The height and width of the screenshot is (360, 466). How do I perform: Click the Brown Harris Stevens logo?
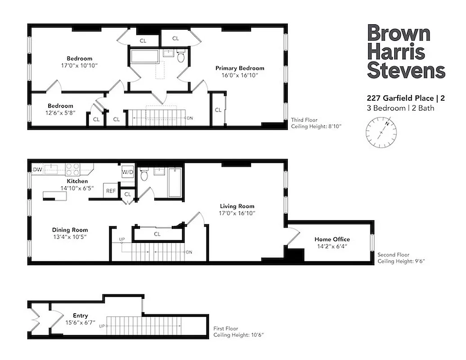406,52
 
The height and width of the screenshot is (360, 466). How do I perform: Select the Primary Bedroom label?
239,68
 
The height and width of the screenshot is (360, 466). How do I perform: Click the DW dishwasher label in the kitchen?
37,170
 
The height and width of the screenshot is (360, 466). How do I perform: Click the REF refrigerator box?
111,191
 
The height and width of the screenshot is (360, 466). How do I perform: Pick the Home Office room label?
332,239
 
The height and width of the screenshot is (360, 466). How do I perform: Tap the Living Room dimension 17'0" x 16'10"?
237,213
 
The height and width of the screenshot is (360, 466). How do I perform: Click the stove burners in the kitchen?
73,169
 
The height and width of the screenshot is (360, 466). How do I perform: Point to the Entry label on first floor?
81,315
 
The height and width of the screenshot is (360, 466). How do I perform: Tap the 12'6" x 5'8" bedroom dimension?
60,113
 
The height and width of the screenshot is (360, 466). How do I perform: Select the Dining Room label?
70,229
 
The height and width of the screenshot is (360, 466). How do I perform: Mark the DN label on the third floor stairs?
190,118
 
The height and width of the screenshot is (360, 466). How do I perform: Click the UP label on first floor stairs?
102,326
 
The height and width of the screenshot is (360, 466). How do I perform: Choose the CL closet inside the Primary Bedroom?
218,110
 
